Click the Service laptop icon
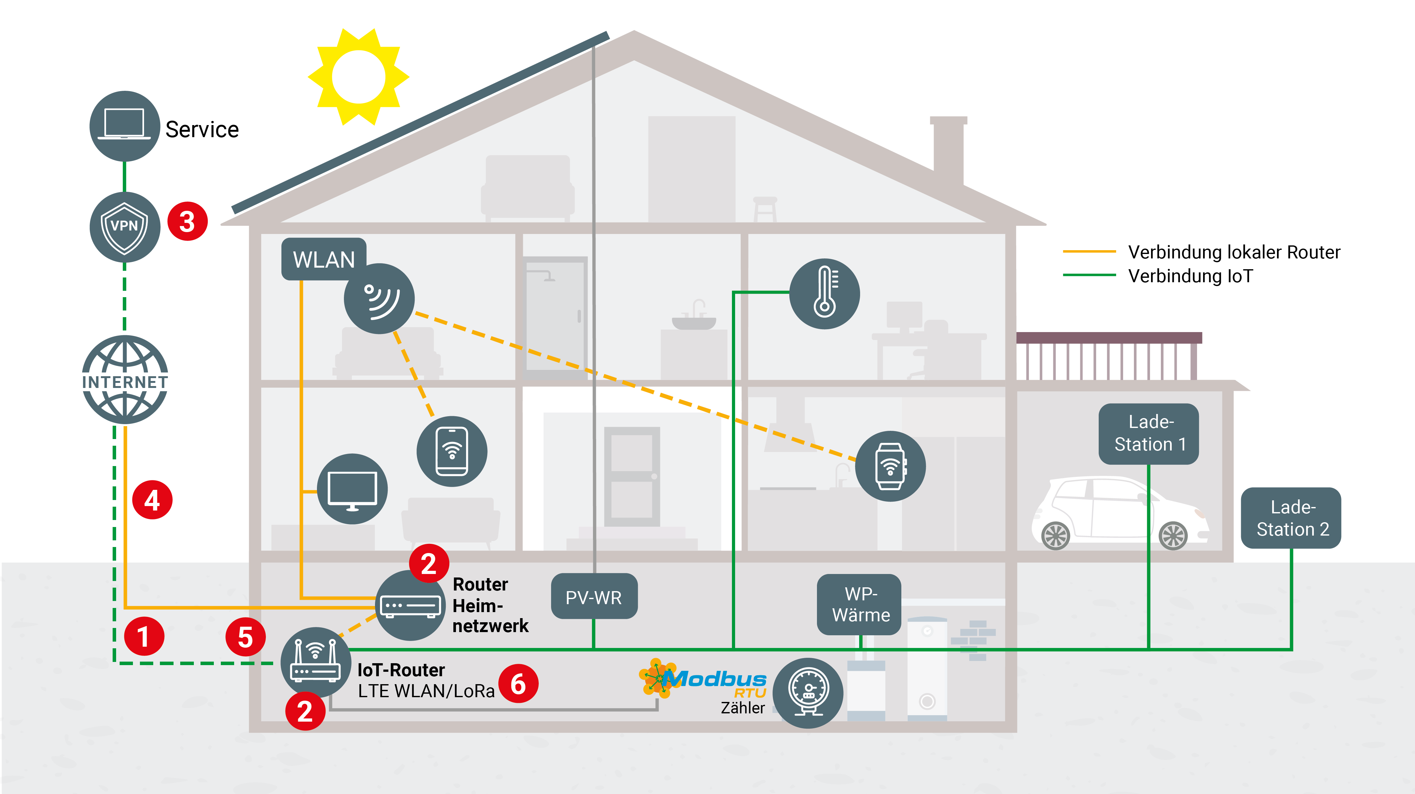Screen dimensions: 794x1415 coord(125,126)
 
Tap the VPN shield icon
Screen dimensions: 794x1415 coord(125,226)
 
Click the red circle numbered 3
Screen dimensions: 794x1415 coord(187,222)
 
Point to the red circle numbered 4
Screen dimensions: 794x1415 coord(152,500)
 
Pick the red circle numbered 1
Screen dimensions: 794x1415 coord(144,636)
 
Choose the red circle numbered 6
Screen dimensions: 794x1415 coord(518,684)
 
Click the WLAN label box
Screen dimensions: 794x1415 coord(324,259)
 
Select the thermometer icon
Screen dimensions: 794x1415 coord(824,294)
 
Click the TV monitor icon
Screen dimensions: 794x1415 coord(352,489)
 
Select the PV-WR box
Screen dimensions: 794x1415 coord(594,597)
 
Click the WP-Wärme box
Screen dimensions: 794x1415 coord(860,604)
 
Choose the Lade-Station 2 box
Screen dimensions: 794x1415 coord(1291,517)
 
